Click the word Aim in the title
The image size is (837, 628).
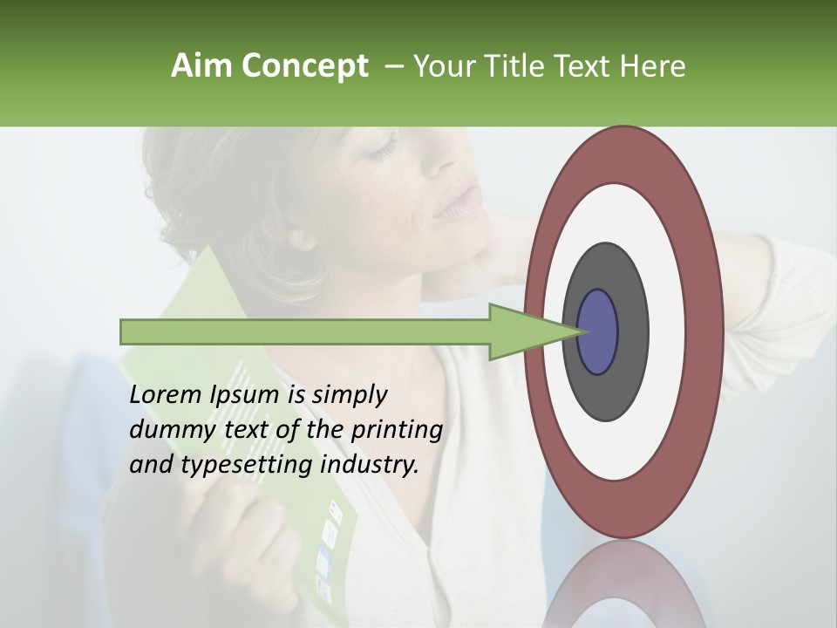click(201, 66)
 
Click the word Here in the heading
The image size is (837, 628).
click(653, 66)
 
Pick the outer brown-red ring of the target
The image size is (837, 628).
click(709, 331)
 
